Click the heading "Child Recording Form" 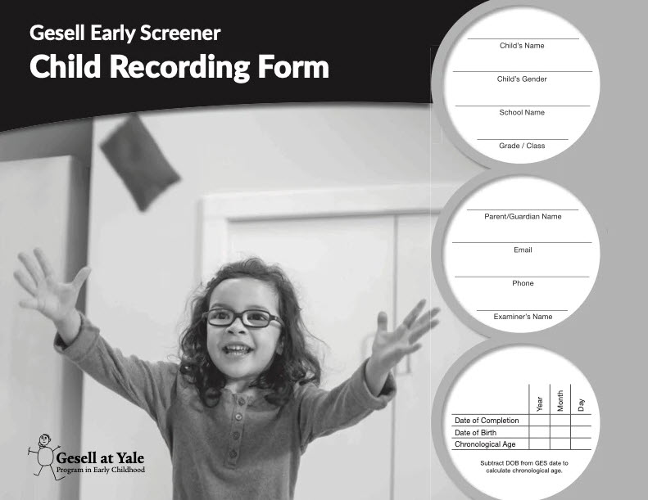point(179,66)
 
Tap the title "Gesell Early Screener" point(125,33)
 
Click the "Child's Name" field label point(522,46)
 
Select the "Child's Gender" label point(522,79)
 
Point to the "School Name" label point(522,112)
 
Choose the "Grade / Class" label point(522,146)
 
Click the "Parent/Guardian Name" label point(522,217)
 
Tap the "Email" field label point(523,250)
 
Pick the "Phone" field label point(523,283)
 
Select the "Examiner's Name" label point(523,317)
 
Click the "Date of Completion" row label point(487,421)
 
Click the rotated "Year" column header point(539,403)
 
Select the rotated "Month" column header point(560,401)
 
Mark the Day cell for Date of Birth point(581,433)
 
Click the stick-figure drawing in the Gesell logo point(43,453)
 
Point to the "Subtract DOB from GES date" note point(523,466)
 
